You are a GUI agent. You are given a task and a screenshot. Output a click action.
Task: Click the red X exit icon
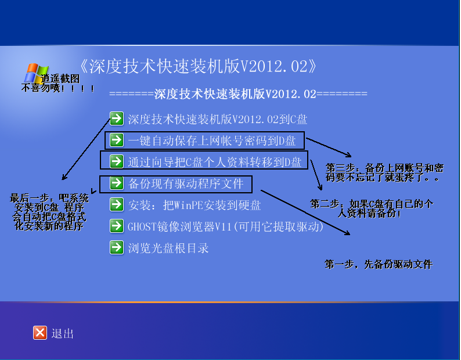click(x=40, y=333)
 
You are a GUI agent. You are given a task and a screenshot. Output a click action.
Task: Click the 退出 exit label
click(x=62, y=333)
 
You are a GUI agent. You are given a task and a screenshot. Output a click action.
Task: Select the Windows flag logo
click(x=36, y=74)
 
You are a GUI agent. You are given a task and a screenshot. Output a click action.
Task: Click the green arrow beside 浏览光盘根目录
click(x=117, y=247)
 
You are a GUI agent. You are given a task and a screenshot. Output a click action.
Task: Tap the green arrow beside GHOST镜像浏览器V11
click(x=117, y=226)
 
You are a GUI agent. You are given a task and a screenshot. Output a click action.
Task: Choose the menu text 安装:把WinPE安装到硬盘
click(x=195, y=205)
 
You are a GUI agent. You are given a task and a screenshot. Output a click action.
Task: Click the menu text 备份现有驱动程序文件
click(x=186, y=183)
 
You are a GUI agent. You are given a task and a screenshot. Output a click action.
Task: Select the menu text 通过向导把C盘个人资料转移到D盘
click(x=215, y=162)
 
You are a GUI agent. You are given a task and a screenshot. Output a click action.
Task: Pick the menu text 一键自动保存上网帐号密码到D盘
click(x=212, y=141)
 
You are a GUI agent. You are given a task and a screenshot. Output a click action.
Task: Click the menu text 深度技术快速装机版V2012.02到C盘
click(x=218, y=119)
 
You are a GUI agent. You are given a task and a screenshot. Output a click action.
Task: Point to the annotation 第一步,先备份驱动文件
click(x=379, y=264)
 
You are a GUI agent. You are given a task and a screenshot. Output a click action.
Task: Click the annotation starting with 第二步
click(x=372, y=208)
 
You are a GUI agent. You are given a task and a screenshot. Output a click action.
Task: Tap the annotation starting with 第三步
click(x=384, y=172)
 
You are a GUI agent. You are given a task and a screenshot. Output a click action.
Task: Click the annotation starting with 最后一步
click(x=49, y=212)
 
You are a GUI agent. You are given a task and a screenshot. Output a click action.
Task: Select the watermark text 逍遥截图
click(x=60, y=78)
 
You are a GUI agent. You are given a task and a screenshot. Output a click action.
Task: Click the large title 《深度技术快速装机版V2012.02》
click(x=198, y=66)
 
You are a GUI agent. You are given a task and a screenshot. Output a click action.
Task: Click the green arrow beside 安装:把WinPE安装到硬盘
click(x=117, y=204)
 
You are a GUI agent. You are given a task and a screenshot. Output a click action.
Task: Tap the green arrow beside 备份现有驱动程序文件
click(x=117, y=183)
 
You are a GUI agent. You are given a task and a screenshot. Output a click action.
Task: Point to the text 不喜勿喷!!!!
click(x=58, y=88)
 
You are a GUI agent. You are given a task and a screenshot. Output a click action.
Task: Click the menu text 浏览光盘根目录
click(x=168, y=248)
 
